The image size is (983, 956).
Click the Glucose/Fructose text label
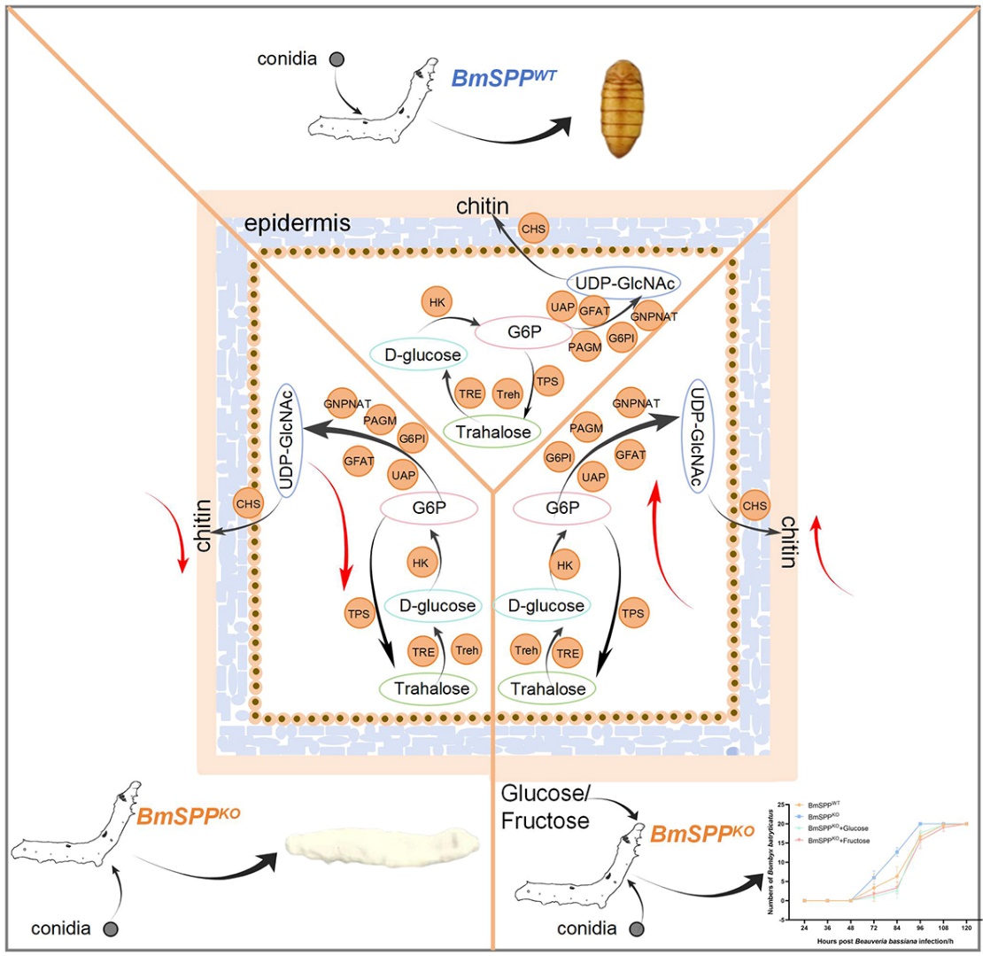pos(545,807)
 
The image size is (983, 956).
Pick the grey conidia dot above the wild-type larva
pos(337,60)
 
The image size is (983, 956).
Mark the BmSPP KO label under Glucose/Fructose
pos(701,833)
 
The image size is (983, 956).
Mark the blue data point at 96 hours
pos(920,824)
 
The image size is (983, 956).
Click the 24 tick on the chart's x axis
pos(804,926)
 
